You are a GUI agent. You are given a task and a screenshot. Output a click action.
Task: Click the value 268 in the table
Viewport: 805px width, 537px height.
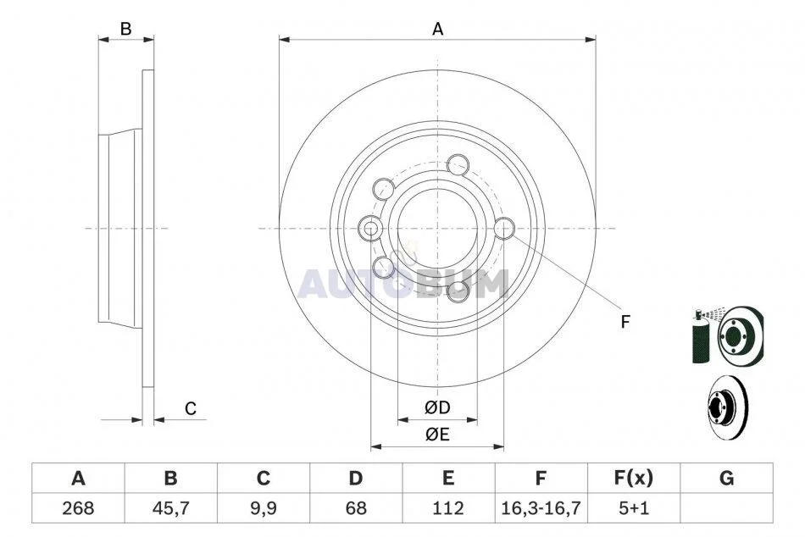pos(78,508)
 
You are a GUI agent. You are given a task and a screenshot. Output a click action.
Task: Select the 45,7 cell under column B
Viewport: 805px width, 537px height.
pos(170,508)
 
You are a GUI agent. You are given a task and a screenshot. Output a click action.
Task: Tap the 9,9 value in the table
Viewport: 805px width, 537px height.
pos(263,508)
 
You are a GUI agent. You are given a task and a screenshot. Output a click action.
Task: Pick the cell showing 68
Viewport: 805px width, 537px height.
pos(355,508)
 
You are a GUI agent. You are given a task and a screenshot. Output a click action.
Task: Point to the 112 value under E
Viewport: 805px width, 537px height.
pos(447,508)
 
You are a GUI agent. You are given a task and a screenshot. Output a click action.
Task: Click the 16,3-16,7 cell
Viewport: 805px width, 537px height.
pos(541,508)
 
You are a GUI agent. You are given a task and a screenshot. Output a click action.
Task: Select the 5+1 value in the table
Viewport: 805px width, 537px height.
pos(634,508)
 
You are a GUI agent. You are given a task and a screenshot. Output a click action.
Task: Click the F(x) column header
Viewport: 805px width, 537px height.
pos(634,479)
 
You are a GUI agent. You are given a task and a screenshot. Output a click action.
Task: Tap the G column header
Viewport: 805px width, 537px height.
pos(726,479)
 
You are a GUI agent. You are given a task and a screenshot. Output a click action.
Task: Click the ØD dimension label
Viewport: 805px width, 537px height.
pos(437,408)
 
